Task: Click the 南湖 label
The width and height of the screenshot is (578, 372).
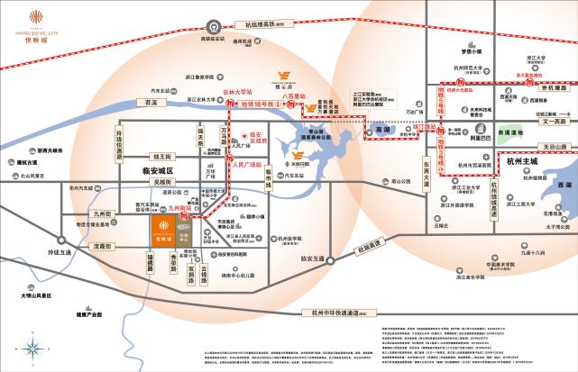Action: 382,132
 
